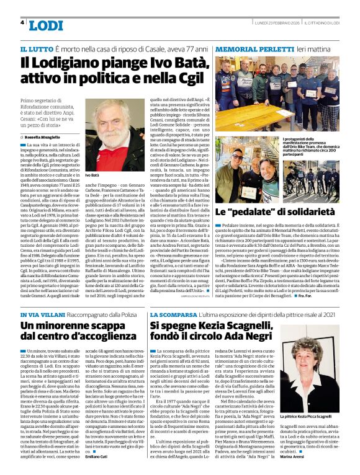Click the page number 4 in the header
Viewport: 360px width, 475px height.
pyautogui.click(x=23, y=23)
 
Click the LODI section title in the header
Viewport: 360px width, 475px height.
pyautogui.click(x=46, y=25)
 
